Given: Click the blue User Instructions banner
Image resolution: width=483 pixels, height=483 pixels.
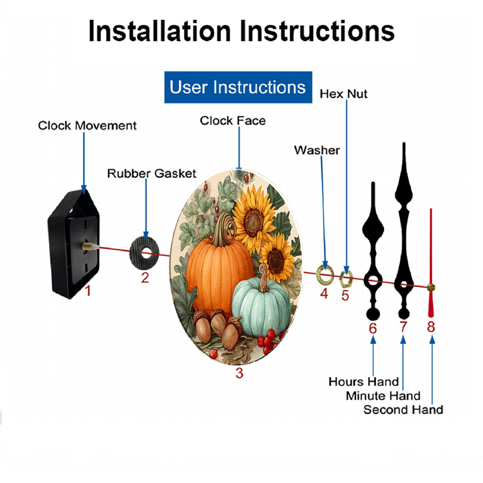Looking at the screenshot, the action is point(238,87).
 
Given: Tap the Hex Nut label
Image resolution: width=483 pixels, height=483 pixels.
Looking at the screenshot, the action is point(343,94).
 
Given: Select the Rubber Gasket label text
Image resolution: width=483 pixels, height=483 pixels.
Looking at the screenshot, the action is point(152,173).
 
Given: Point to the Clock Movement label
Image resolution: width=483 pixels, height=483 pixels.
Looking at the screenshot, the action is point(87,126).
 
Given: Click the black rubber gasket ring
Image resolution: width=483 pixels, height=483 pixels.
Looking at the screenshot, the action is point(136,253).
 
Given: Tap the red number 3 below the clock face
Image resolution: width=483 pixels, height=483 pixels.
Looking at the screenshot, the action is point(240,373).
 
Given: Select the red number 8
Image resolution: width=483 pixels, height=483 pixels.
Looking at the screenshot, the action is point(431,327).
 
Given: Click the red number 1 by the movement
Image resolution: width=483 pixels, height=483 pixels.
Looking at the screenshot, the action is point(88,291).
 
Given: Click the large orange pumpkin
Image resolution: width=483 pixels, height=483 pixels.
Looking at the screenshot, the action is point(219,274).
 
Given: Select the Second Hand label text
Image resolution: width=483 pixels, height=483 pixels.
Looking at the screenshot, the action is point(403,410).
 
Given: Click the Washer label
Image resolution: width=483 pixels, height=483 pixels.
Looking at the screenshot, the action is point(317,150).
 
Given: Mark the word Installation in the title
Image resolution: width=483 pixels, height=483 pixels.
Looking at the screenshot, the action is point(159,31).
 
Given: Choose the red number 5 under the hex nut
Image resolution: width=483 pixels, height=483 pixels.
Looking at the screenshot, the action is point(345,296).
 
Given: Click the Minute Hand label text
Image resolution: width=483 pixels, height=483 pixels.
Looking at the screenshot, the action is point(383,396).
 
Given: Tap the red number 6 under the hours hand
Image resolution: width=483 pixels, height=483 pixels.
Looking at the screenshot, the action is point(373,328).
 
